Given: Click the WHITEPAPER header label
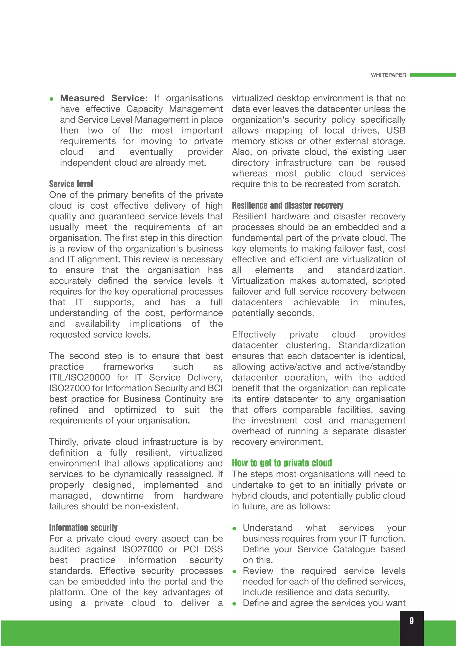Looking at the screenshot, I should [x=388, y=75].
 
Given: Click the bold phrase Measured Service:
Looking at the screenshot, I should [x=104, y=98].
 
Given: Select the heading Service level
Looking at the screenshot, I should [x=71, y=184].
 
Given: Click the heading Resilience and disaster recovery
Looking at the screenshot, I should [x=287, y=206].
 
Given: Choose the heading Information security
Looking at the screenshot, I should [x=83, y=528].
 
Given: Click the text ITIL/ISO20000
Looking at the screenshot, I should [x=79, y=378].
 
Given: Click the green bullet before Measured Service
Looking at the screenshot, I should [x=51, y=99].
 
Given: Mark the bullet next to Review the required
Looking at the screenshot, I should [x=234, y=572].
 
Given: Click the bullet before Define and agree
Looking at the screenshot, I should [x=234, y=604].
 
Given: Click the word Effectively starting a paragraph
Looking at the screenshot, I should [x=254, y=335].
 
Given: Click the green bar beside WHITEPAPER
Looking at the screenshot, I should [x=433, y=75].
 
